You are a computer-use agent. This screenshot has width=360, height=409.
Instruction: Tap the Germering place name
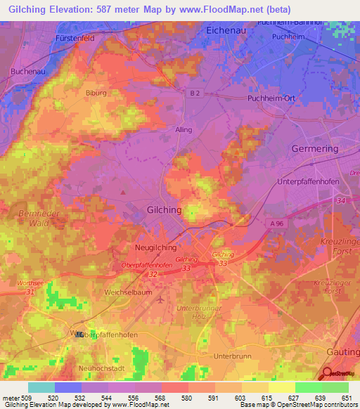(314, 149)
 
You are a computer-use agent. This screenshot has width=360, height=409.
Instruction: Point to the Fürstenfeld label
(75, 38)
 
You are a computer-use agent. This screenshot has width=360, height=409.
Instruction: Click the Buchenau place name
(28, 72)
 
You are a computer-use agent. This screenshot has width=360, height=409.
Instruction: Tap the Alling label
(183, 130)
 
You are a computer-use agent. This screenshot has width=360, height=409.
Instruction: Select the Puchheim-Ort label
(271, 98)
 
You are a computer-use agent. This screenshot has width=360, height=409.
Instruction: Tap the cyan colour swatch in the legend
(41, 387)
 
